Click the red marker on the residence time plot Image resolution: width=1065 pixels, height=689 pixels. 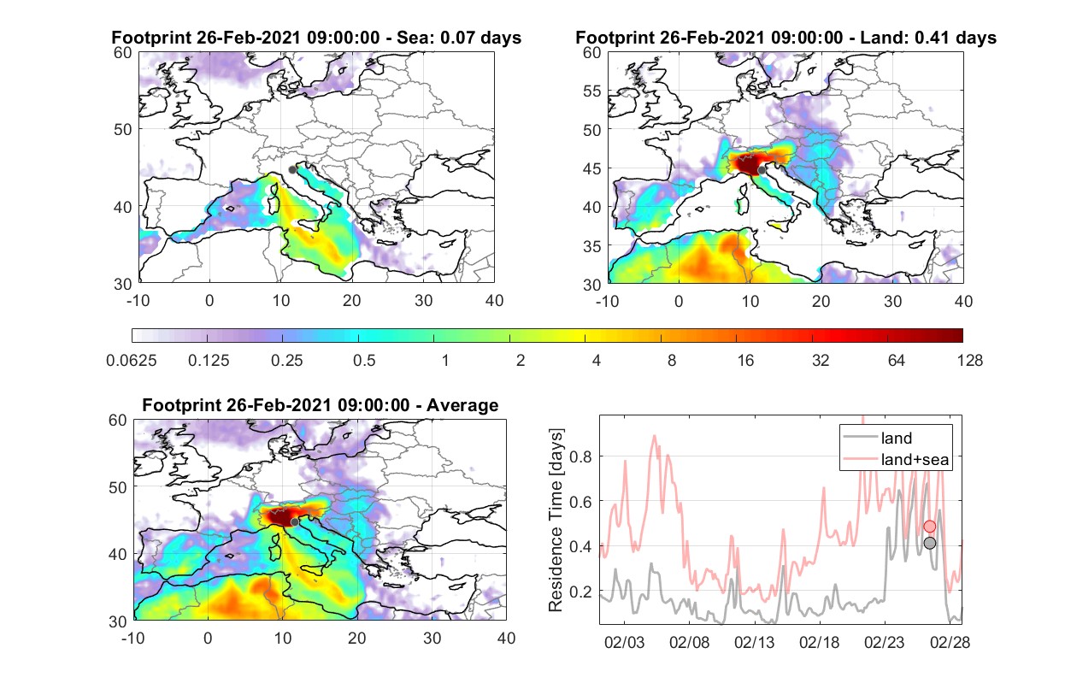coord(929,527)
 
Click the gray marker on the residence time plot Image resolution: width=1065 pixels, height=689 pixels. coord(929,543)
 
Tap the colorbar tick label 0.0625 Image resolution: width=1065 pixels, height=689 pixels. coord(132,361)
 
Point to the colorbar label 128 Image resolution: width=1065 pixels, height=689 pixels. coord(969,361)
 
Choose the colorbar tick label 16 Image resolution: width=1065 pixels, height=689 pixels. coord(745,361)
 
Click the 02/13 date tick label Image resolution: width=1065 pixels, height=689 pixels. coord(754,642)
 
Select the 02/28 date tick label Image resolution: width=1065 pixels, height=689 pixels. coord(950,642)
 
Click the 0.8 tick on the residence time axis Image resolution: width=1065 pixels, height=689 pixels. coord(580,456)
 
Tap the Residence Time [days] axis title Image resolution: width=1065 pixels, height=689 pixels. coord(556,521)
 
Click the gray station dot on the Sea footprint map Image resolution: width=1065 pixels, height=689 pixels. coord(292,170)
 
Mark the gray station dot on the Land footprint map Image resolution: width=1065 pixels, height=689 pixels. coord(762,170)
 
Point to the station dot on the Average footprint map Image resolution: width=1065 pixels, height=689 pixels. coord(294,522)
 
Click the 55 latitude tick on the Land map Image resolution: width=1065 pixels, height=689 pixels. coord(592,91)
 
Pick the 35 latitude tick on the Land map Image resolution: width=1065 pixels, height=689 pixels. coord(592,246)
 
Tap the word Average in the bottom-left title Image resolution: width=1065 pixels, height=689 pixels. coord(462,405)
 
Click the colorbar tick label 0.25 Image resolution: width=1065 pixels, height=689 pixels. coord(286,361)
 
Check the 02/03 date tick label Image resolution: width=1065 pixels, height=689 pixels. coord(624,642)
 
